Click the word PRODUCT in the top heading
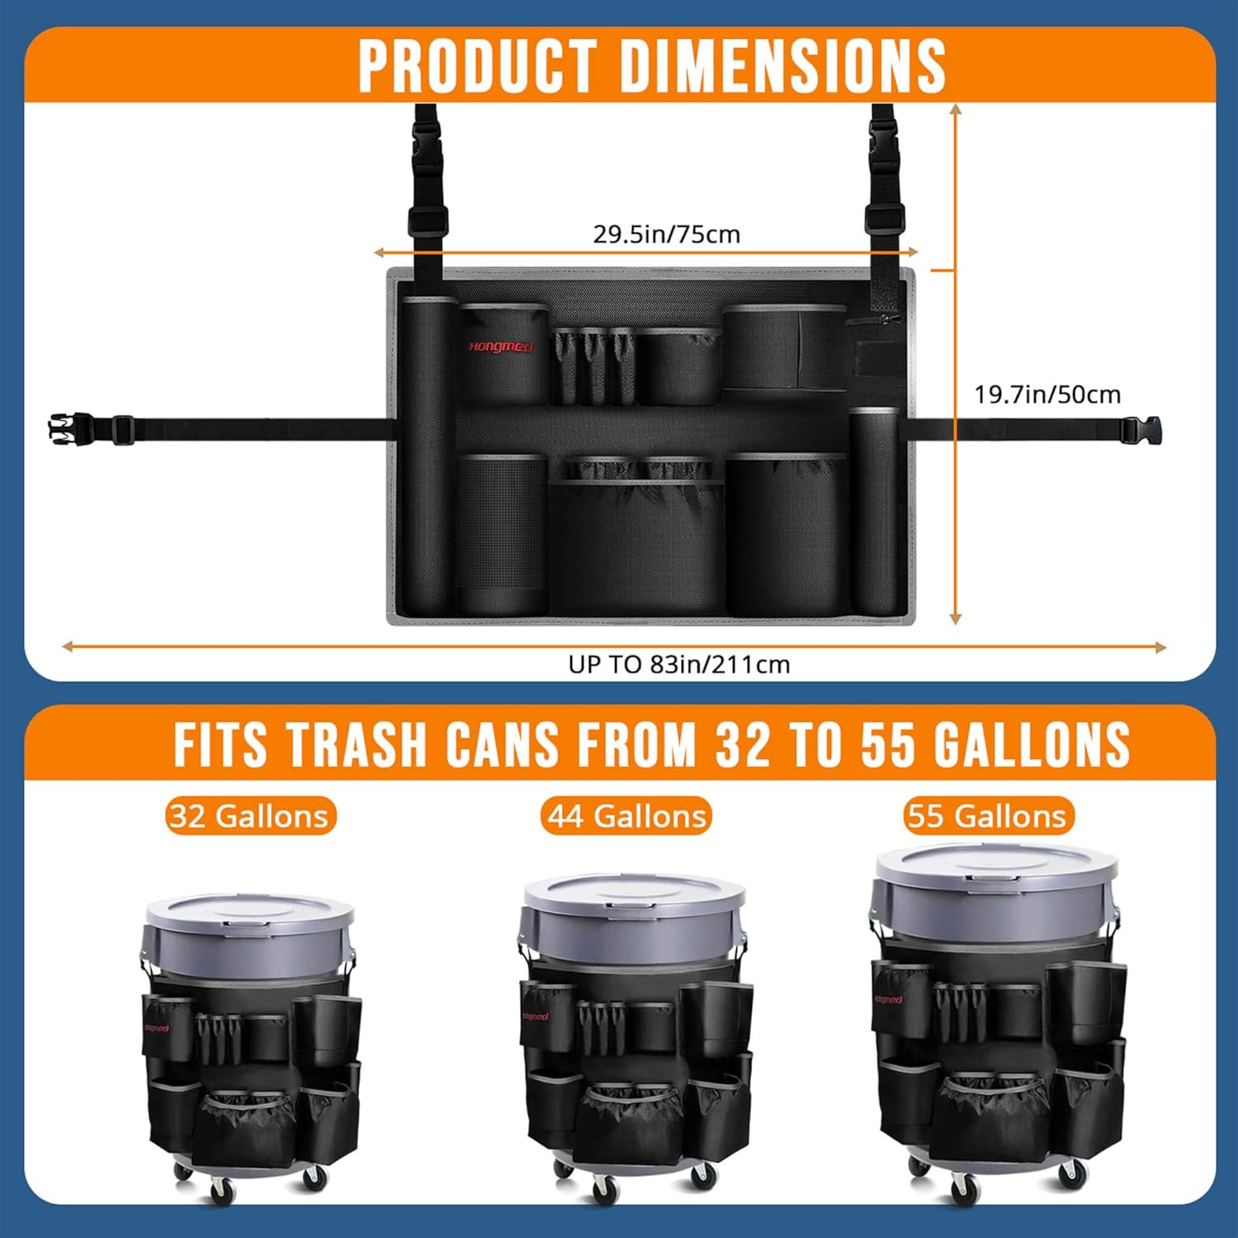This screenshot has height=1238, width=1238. coord(478,65)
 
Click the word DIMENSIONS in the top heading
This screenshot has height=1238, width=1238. coord(783,65)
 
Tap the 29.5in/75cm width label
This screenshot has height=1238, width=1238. coord(667,234)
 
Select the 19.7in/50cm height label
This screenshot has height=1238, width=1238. coord(1047,395)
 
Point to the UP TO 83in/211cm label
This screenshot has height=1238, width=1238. coord(678,664)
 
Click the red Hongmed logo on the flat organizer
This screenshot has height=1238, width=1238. coord(501,347)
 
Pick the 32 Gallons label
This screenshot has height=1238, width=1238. coord(250,816)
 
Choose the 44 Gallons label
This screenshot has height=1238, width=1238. coord(626,816)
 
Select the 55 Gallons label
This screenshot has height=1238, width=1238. coord(988,816)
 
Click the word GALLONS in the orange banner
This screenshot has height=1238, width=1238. coord(1032,744)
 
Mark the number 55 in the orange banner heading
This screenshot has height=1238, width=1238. coord(889,744)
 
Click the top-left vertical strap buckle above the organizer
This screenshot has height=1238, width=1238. coord(428,158)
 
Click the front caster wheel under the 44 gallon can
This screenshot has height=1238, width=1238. coord(605,1188)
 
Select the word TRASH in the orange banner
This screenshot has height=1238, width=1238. coord(357,744)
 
